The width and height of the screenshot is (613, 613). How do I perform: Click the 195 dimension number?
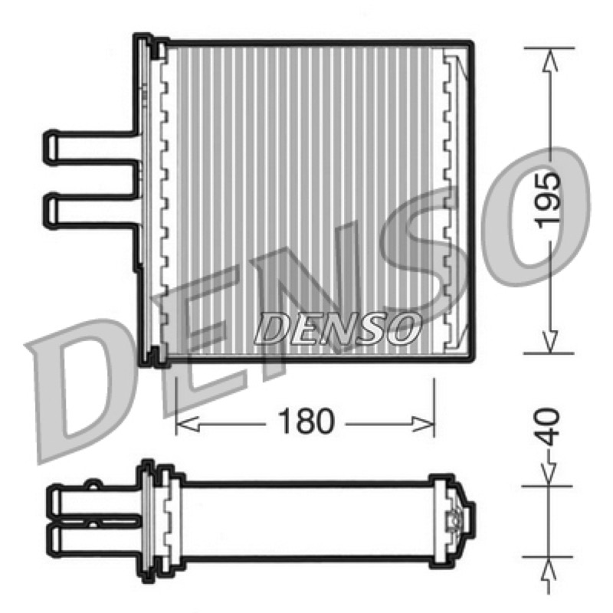point(548,200)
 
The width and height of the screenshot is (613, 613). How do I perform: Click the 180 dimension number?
point(306,421)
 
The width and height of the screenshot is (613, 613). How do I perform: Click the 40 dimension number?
point(547,427)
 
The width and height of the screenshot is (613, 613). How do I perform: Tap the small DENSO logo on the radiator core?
point(337,329)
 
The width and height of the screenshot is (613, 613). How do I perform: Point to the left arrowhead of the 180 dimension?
point(188,425)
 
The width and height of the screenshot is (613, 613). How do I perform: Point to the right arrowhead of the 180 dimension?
point(423,425)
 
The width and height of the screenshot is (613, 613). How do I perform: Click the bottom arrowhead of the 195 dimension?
point(549,341)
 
